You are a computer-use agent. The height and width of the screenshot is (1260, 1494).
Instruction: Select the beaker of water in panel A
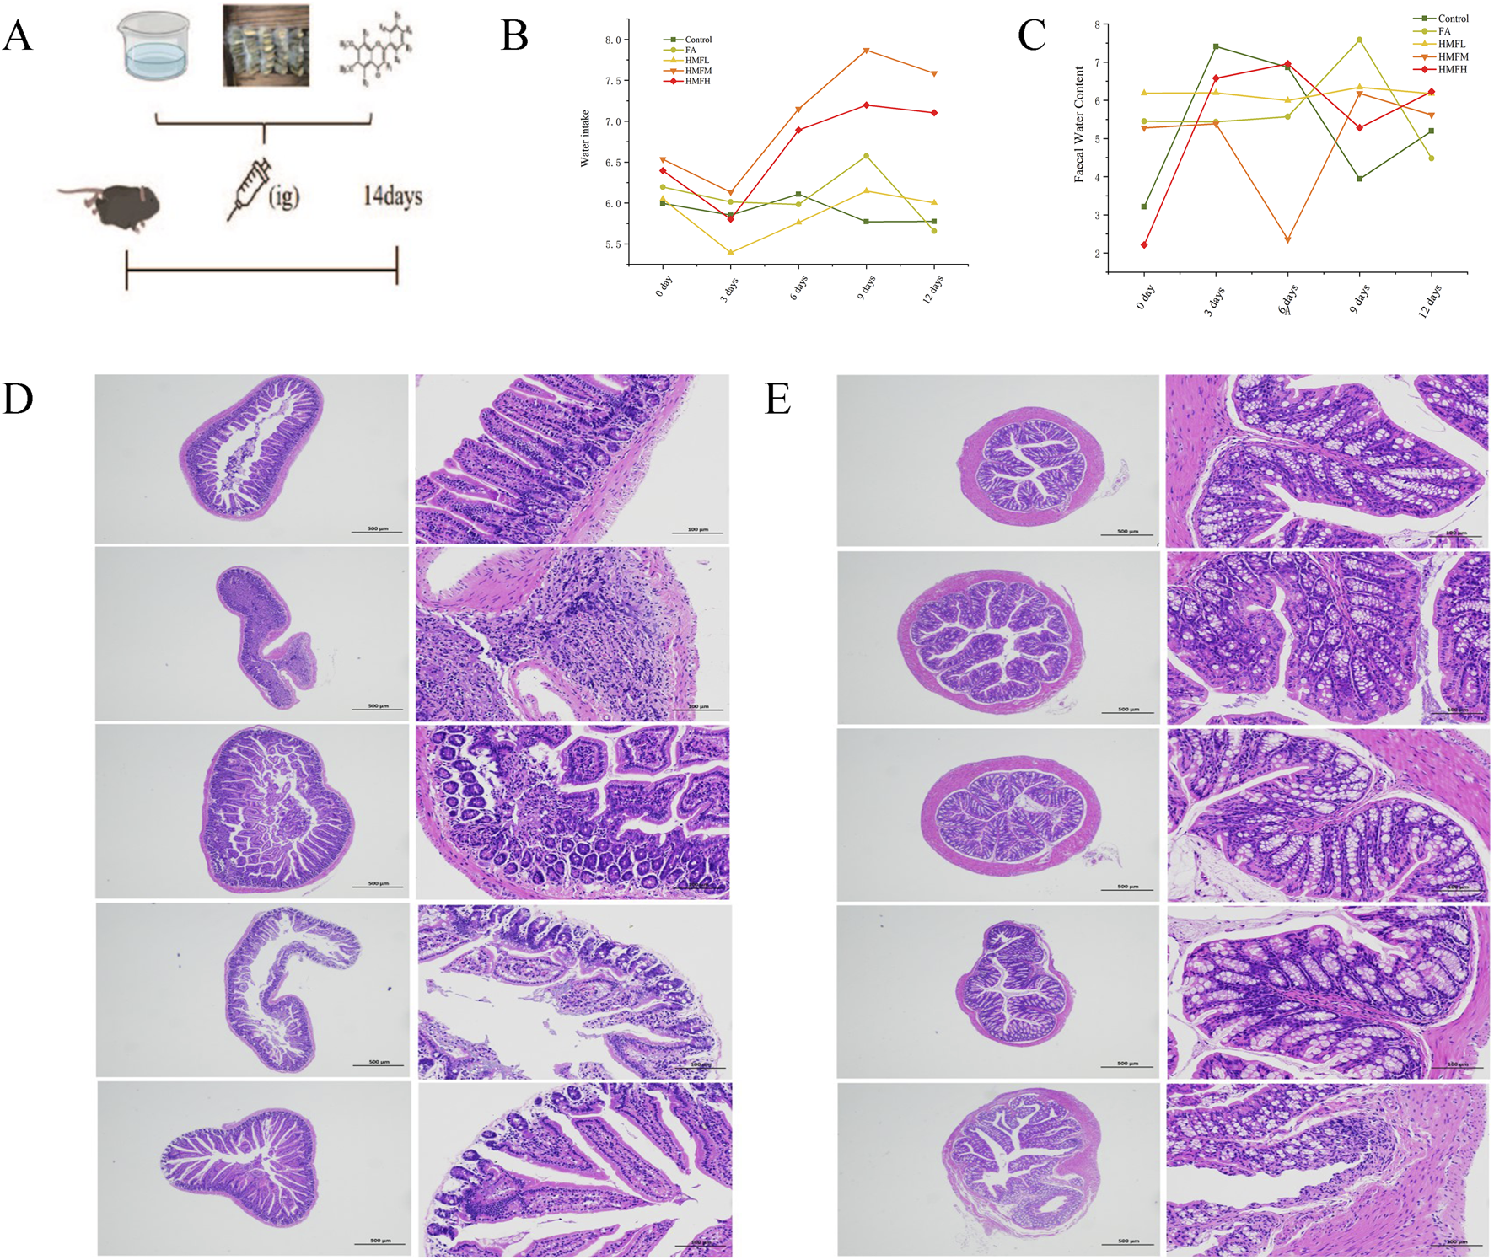[154, 47]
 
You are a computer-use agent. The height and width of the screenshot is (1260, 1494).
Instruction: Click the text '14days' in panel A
[392, 196]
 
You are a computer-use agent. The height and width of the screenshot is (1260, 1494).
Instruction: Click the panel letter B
[514, 36]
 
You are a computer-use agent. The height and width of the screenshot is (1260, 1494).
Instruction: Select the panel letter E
[777, 399]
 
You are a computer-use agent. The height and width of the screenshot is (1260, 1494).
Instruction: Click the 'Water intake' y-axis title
[585, 138]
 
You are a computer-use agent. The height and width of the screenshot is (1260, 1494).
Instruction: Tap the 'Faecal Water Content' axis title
[1079, 125]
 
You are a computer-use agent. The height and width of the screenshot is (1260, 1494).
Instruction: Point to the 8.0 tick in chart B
[613, 40]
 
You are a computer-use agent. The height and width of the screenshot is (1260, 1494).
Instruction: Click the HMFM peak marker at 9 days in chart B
[866, 51]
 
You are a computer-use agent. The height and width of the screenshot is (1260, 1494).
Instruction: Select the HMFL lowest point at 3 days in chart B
[730, 252]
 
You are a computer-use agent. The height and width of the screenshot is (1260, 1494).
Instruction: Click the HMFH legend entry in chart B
[696, 81]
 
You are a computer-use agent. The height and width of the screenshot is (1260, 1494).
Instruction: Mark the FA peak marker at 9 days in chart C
[1359, 40]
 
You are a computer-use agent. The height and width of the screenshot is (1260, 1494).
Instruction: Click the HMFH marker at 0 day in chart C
[1144, 245]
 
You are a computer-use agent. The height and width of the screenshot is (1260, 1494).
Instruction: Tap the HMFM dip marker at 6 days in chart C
[1287, 240]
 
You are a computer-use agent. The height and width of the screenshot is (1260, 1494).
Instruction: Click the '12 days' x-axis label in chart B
[932, 289]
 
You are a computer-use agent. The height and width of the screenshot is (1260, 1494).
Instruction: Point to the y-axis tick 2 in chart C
[1097, 254]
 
